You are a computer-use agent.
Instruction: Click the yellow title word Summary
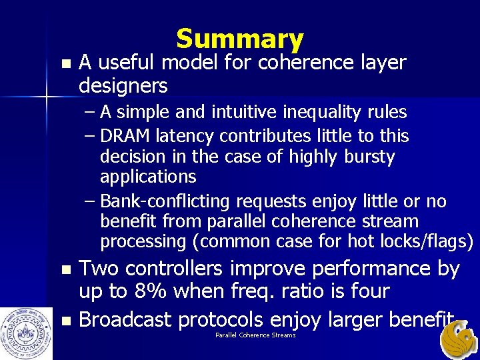pyautogui.click(x=240, y=39)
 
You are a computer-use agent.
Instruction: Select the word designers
pyautogui.click(x=123, y=86)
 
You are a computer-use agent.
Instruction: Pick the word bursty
pyautogui.click(x=369, y=157)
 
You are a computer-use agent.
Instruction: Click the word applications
pyautogui.click(x=148, y=177)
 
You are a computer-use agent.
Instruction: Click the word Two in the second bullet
pyautogui.click(x=99, y=269)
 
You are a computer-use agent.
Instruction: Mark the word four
pyautogui.click(x=366, y=291)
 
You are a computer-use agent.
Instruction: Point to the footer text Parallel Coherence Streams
pyautogui.click(x=255, y=335)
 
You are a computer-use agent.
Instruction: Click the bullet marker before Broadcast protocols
pyautogui.click(x=64, y=321)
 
